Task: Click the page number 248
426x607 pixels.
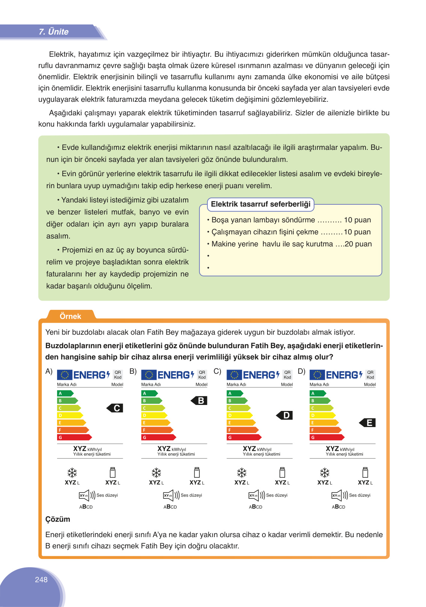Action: (x=41, y=580)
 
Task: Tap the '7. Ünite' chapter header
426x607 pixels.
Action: (x=53, y=32)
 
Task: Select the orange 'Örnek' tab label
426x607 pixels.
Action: (x=70, y=316)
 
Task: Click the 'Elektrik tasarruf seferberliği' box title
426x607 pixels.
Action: (x=261, y=204)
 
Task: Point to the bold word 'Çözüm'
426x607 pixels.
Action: (x=57, y=519)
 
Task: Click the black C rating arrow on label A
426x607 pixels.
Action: (x=115, y=408)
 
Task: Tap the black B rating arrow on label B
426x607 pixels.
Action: (x=199, y=401)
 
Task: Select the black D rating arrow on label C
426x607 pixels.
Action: (x=285, y=415)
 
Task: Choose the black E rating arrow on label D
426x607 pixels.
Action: (x=368, y=423)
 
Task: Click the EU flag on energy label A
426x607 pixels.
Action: (x=65, y=375)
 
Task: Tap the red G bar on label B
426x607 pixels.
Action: (x=158, y=437)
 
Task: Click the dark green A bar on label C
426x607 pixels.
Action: (x=234, y=393)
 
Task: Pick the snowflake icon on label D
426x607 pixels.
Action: (x=325, y=473)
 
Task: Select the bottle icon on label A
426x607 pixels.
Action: (x=112, y=472)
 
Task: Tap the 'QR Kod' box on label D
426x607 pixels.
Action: (x=370, y=374)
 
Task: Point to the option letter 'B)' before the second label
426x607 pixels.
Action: (x=133, y=371)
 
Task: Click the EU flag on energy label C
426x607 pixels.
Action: (x=234, y=375)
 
